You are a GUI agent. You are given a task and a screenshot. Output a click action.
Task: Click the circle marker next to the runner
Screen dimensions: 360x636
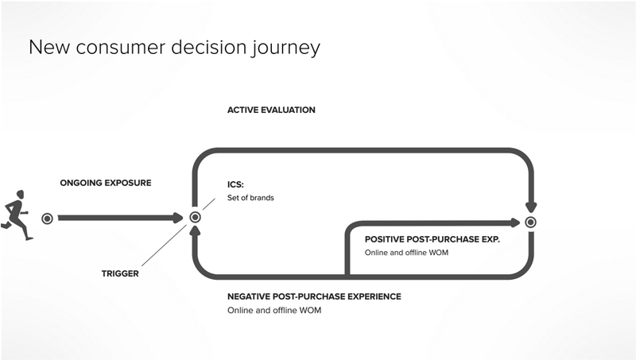tap(47, 218)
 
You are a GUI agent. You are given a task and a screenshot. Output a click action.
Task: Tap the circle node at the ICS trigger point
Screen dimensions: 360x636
tap(195, 218)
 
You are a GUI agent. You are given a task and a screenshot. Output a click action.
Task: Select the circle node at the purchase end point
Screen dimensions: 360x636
tap(531, 223)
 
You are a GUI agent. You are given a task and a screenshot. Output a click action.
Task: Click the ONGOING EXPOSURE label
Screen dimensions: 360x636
tap(106, 183)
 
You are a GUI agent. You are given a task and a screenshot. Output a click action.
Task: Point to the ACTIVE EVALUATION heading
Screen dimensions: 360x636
tap(271, 110)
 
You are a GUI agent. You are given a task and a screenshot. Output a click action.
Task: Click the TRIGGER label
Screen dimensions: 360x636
tap(120, 273)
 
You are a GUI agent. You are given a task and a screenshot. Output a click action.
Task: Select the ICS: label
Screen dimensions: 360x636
tap(235, 184)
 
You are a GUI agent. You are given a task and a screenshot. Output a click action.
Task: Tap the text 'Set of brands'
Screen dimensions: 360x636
tap(250, 198)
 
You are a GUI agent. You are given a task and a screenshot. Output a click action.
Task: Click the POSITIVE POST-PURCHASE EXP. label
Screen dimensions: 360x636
tap(432, 239)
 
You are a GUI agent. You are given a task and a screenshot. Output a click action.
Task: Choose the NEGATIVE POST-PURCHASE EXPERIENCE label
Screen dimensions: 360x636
tap(314, 296)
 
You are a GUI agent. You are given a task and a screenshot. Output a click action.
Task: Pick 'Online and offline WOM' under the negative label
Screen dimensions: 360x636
tap(275, 311)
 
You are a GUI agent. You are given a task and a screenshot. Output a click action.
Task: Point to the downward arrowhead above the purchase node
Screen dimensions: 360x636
tap(531, 207)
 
